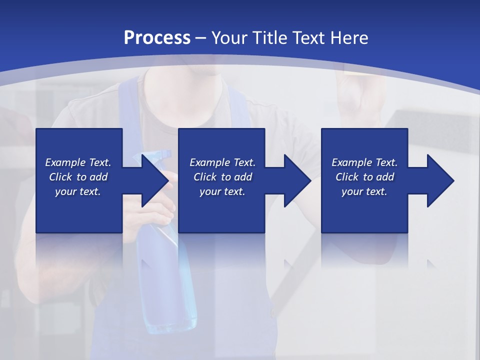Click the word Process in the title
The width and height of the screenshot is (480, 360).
pos(157,37)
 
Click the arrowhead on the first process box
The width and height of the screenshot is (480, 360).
pos(153,180)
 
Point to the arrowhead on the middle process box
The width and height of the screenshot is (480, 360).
pos(295,180)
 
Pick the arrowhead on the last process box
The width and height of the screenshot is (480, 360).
pos(438,180)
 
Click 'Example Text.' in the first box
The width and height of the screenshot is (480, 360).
pos(78,162)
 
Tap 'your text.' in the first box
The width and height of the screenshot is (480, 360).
pos(78,191)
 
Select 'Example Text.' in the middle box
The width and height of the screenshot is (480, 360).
pos(222,162)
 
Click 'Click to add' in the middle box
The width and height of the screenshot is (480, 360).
pos(222,177)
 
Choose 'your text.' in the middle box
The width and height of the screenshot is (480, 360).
pos(222,191)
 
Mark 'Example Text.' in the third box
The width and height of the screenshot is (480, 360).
pos(364,162)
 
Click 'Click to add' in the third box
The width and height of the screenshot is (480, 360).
pos(364,177)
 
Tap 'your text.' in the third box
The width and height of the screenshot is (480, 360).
pos(364,191)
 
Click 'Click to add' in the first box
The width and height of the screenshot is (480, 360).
pos(78,177)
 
